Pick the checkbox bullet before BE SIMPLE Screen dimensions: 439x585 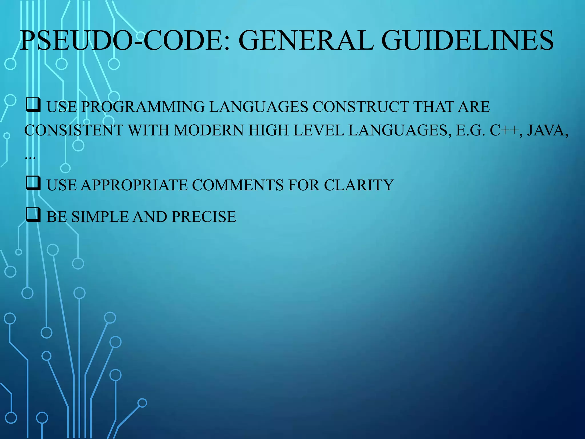(x=33, y=215)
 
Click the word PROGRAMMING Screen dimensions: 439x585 (x=143, y=107)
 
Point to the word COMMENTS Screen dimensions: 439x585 (x=238, y=185)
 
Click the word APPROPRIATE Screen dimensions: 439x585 (x=134, y=185)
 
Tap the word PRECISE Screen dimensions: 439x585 (x=204, y=217)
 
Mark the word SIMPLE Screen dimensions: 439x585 (x=100, y=217)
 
